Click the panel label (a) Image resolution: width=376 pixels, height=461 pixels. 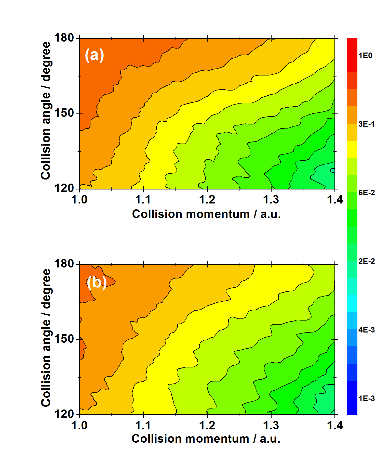pos(94,55)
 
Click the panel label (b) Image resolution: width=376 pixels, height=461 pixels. pos(97,282)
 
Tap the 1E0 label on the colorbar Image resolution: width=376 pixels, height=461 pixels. pos(365,56)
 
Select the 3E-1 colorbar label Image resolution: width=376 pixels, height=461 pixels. pos(366,124)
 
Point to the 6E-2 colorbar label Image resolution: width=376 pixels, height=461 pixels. pos(366,193)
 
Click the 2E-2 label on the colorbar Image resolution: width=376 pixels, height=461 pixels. pos(366,261)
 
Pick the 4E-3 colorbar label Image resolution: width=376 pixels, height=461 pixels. pos(366,330)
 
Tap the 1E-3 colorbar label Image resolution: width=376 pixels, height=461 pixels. pos(366,399)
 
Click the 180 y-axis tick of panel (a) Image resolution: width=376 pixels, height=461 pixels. pos(64,38)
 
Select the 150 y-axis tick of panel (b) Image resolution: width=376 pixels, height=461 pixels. pos(64,339)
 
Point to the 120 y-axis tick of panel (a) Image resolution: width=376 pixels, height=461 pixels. pos(64,188)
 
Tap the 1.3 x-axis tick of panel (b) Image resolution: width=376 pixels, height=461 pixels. pos(271,426)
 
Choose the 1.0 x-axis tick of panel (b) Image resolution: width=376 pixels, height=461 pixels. pos(79,426)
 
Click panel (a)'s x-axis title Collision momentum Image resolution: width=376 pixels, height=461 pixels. pos(206,214)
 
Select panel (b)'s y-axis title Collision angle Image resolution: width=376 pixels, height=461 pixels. pos(46,338)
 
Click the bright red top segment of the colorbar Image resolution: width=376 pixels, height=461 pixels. pos(352,55)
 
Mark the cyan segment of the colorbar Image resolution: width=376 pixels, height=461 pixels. pos(352,303)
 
